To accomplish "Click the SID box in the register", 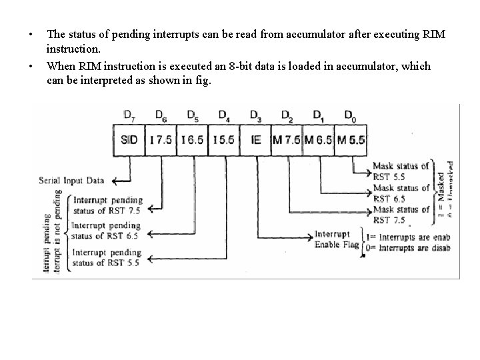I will (x=129, y=141).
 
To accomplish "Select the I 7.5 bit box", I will (x=161, y=141).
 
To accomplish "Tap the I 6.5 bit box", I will (x=192, y=141).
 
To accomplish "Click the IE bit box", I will (x=255, y=141).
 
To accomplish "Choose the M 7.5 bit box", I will (x=287, y=141).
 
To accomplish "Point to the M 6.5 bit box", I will (x=318, y=141).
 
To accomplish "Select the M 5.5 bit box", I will (x=350, y=141).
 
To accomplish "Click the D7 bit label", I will (x=129, y=115).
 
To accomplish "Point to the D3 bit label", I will (x=255, y=115).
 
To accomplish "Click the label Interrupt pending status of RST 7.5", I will (x=107, y=205).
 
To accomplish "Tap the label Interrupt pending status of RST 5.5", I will (x=107, y=257).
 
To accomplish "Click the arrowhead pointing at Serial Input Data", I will (x=115, y=181).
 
